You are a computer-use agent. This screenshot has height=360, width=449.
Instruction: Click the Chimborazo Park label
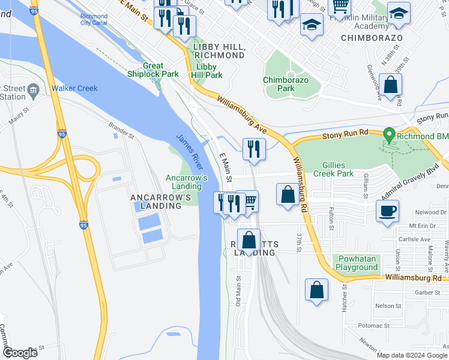279,84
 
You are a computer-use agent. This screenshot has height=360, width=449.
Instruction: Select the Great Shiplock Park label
152,70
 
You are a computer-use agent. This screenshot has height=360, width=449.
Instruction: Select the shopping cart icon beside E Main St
248,201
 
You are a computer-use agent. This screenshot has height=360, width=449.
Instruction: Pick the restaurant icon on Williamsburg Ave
254,148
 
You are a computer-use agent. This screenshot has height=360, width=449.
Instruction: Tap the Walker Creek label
74,89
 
